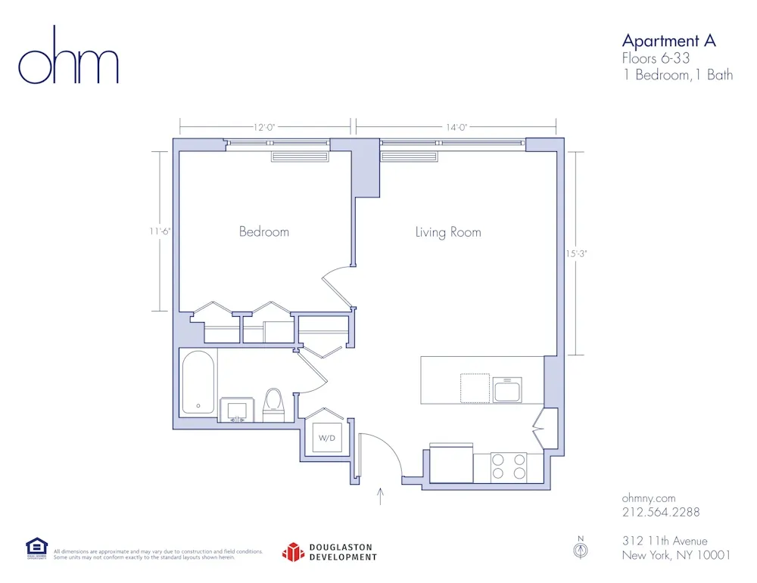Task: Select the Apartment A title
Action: (668, 41)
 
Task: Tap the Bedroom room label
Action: (264, 231)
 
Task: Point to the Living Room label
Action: (448, 232)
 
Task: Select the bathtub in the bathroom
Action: (198, 382)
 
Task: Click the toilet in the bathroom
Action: (273, 404)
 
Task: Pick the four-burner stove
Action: (509, 467)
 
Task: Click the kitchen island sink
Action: (507, 390)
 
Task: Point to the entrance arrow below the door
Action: (381, 497)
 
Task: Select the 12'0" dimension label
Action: (264, 128)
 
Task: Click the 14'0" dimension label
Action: (456, 128)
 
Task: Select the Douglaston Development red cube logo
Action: (293, 553)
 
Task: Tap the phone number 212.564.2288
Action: (661, 512)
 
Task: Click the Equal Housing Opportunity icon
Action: (36, 547)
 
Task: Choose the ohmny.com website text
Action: (648, 498)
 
